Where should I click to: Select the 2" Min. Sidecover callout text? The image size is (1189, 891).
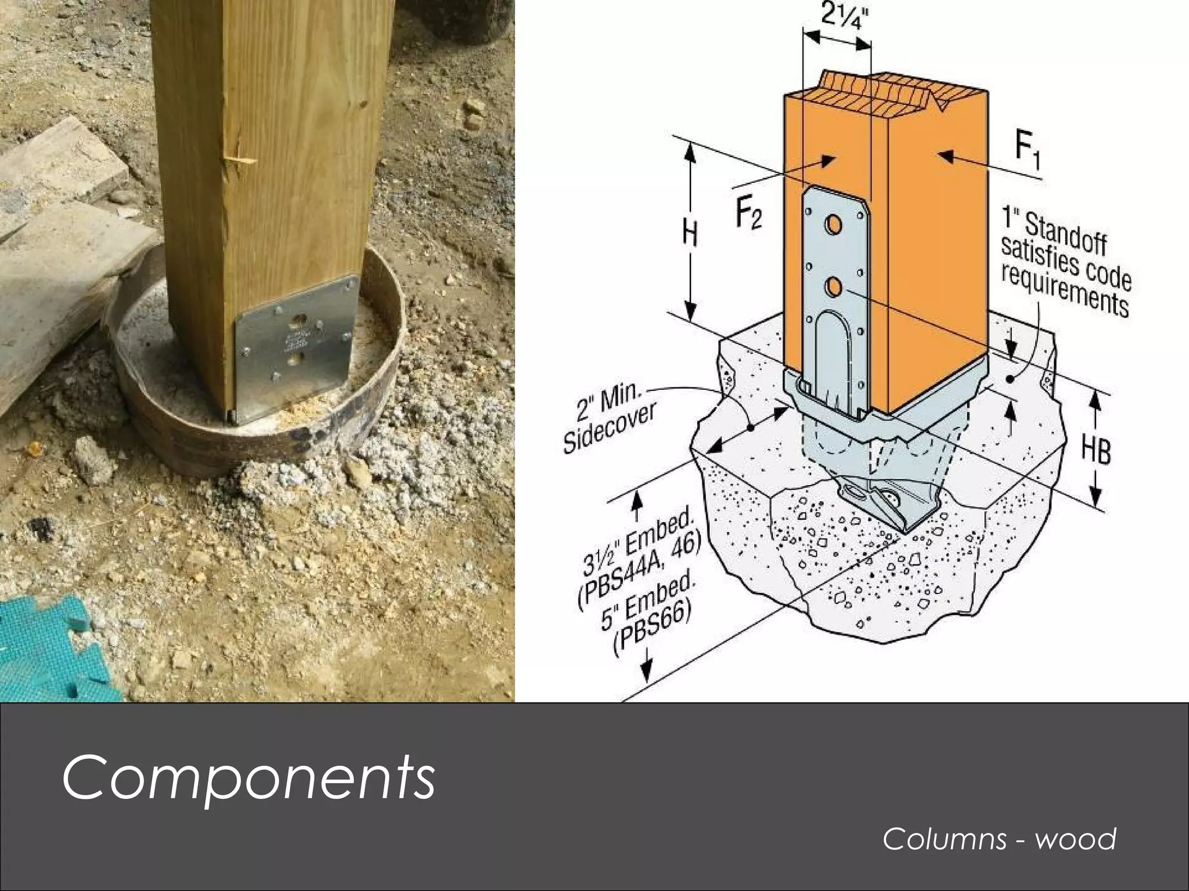coord(610,419)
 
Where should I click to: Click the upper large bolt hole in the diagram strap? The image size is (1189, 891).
coord(835,224)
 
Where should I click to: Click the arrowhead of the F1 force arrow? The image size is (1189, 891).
coord(943,155)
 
